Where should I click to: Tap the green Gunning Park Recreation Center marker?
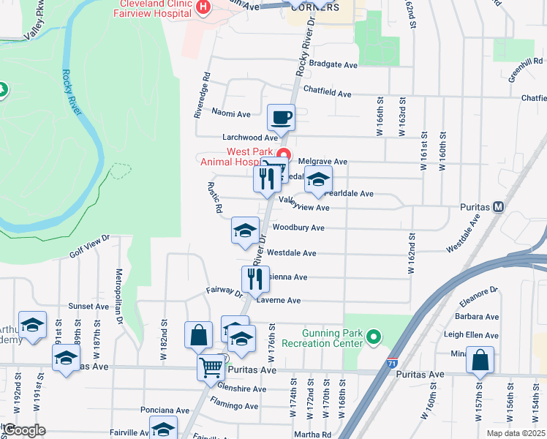[374, 337]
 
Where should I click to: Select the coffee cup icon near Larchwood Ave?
[281, 117]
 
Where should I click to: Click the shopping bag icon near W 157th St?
[480, 360]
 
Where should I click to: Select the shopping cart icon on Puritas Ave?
[211, 367]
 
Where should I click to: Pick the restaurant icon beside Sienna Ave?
[255, 279]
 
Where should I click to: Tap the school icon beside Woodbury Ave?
[245, 230]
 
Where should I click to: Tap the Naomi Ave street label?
[231, 114]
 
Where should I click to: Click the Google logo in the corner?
[23, 430]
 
